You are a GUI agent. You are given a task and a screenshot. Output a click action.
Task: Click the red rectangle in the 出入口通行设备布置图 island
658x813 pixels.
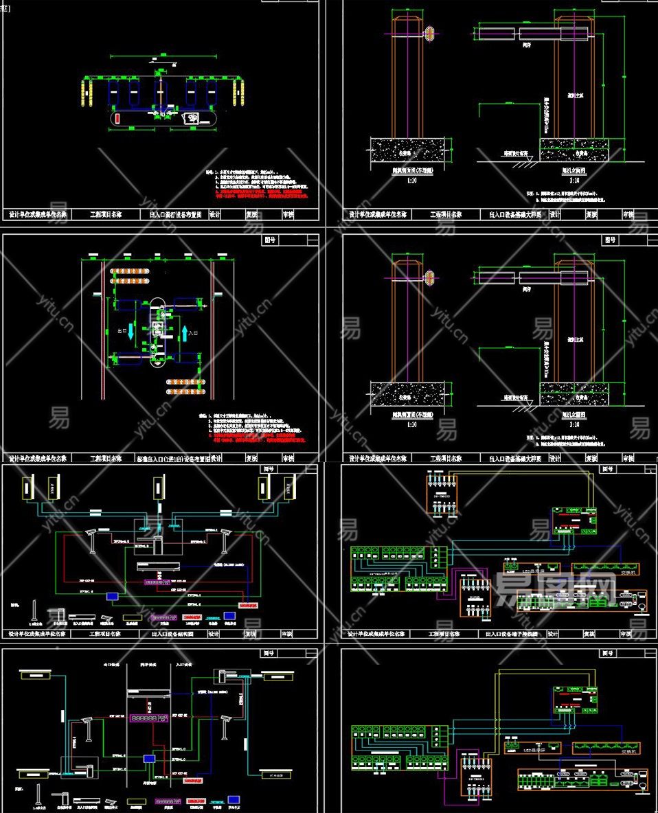(117, 119)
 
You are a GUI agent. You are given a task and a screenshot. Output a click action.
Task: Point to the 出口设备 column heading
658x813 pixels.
(111, 664)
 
